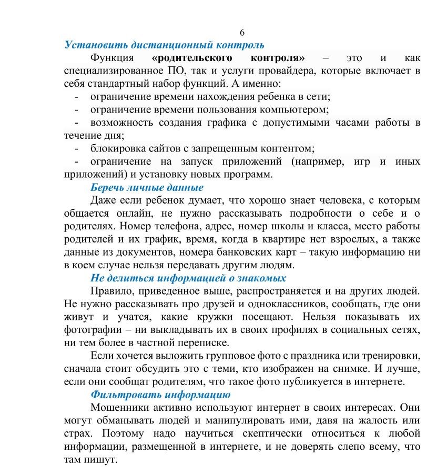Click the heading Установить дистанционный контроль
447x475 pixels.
[164, 44]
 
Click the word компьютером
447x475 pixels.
[297, 109]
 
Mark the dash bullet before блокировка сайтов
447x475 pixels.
[78, 148]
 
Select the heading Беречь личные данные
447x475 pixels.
[147, 187]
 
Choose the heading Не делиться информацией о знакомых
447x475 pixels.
[188, 278]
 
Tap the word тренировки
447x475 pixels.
[389, 356]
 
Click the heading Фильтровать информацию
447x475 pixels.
[160, 395]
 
